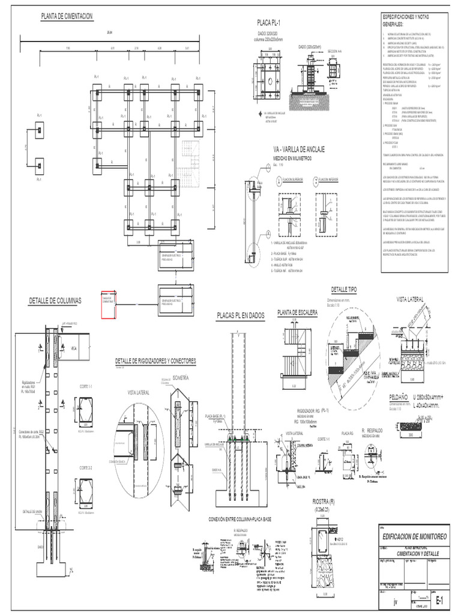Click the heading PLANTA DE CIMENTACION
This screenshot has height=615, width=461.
[67, 17]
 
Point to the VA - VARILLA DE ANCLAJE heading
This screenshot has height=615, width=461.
[298, 149]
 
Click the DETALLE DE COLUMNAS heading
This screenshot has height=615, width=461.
[55, 300]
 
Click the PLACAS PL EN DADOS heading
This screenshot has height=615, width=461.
[240, 315]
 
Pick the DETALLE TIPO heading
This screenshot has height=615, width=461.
[344, 290]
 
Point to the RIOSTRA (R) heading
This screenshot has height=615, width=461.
[325, 502]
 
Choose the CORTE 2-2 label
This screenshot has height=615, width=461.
[87, 466]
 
